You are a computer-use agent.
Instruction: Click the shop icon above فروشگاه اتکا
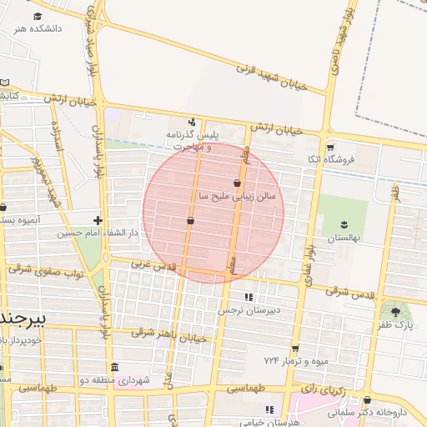tap(330, 146)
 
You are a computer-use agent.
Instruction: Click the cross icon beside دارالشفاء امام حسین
tap(98, 220)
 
